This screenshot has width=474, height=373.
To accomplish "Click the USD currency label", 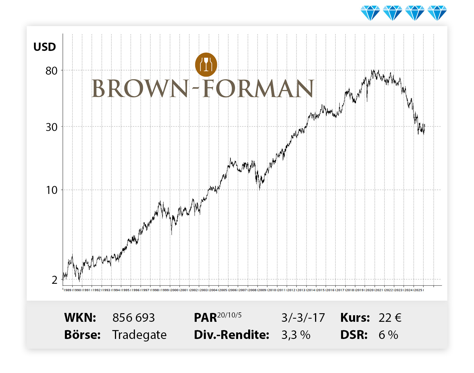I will tap(45, 47).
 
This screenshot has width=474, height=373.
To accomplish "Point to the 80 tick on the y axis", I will tap(51, 71).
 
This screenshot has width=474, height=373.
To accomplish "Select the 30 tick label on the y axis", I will tap(51, 127).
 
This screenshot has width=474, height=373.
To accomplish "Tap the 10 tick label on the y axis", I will tap(52, 190).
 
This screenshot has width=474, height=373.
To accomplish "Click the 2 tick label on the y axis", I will tap(55, 280).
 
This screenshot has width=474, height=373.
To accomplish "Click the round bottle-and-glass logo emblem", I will tap(206, 65).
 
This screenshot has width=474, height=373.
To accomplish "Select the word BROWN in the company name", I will tap(140, 88).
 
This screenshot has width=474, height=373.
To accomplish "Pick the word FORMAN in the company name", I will tap(258, 88).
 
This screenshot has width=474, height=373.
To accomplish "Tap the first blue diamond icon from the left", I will tap(370, 13).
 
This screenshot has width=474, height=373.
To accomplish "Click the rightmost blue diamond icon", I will tap(437, 13).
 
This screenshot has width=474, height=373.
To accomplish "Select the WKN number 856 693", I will tap(134, 318).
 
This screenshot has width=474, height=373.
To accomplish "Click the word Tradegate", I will tap(139, 335).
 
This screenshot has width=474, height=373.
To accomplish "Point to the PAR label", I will tap(205, 318).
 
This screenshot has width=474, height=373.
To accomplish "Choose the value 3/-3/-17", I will tap(303, 318).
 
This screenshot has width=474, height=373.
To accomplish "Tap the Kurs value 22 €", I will tap(390, 318).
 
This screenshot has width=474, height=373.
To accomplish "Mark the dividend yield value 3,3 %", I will tap(296, 335).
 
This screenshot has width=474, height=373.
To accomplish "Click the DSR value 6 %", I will tap(388, 335).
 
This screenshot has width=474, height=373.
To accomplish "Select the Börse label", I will tap(82, 335).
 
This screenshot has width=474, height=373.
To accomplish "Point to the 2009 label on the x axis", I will tap(262, 290).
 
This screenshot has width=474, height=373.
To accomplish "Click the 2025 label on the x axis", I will tap(418, 290).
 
